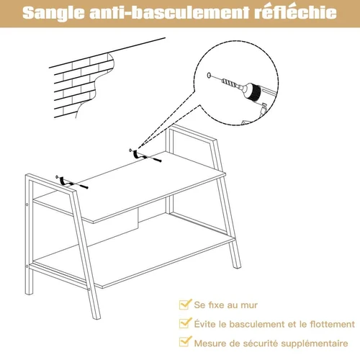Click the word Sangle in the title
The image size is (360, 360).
click(54, 13)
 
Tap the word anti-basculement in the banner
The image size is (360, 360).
click(170, 12)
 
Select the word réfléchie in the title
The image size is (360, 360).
click(296, 12)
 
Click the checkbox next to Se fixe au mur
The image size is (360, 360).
click(185, 304)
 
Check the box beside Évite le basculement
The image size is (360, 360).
click(185, 323)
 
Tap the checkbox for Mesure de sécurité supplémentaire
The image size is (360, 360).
click(185, 341)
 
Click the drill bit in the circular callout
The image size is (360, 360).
click(230, 83)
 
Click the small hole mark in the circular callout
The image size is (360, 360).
click(209, 76)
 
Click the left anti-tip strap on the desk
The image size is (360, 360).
click(63, 181)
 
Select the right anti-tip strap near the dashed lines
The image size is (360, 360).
click(136, 154)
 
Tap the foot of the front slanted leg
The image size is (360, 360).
click(96, 316)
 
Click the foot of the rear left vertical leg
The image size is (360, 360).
click(29, 292)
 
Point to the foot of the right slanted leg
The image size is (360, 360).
click(237, 265)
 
